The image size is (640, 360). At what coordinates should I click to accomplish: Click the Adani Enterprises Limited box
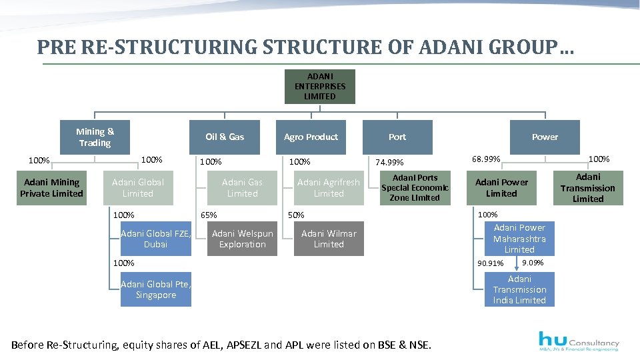(320, 87)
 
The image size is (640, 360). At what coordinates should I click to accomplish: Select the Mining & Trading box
(95, 137)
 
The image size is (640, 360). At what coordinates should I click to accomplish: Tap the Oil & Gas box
(225, 137)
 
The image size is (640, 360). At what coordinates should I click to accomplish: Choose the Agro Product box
(311, 137)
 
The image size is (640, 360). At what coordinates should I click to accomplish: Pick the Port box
(397, 137)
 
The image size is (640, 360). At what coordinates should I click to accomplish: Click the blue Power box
(545, 137)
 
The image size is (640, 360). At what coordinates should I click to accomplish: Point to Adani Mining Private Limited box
(52, 187)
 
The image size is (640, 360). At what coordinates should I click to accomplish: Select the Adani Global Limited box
(138, 187)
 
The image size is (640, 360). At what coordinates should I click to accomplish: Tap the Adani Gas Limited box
(242, 187)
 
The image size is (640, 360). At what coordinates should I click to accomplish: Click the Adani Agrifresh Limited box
(329, 187)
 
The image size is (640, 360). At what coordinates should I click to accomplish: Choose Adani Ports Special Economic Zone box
(415, 187)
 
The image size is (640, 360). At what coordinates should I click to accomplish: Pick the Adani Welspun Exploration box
(242, 239)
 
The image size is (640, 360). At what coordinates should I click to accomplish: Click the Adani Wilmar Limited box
(329, 239)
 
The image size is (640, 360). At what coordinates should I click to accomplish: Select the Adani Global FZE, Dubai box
(156, 239)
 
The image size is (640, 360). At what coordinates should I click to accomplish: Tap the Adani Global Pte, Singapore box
(156, 289)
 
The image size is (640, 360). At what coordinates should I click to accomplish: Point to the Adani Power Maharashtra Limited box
(519, 239)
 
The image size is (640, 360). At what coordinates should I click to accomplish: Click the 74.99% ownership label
(390, 162)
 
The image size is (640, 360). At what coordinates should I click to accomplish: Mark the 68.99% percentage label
(486, 159)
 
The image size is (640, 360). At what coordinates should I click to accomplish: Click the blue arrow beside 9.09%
(517, 266)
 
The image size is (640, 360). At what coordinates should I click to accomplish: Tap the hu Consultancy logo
(578, 340)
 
